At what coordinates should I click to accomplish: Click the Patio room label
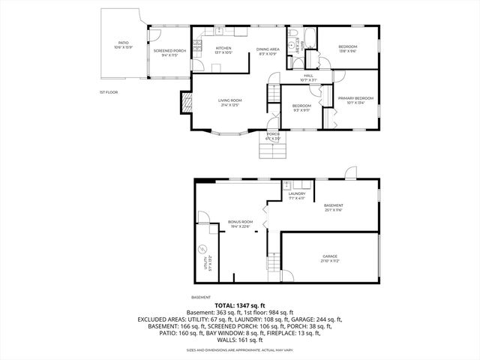click(x=124, y=45)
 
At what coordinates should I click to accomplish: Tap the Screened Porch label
click(x=165, y=52)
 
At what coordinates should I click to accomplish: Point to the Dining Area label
click(x=268, y=49)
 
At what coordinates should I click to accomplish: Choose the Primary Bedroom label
click(x=355, y=100)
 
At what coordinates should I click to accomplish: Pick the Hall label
click(x=308, y=76)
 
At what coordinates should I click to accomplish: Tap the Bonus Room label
click(x=241, y=223)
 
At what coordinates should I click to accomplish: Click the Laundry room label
click(x=297, y=196)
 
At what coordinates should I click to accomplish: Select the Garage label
click(x=331, y=257)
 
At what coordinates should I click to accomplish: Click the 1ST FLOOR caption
click(x=109, y=92)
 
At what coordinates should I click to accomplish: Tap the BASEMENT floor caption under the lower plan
click(x=200, y=298)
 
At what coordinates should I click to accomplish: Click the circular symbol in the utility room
click(x=202, y=248)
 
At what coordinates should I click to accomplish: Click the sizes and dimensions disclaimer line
click(x=239, y=349)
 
